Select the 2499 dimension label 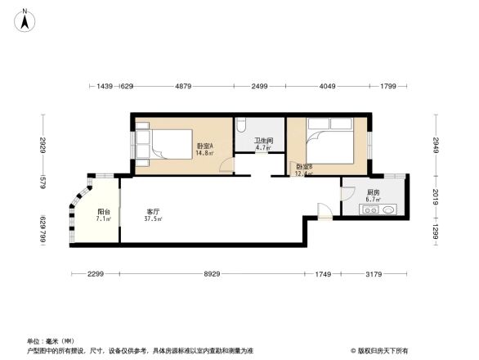click(259, 86)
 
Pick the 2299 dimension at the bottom click(96, 274)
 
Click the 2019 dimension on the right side click(436, 196)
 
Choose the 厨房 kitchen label click(372, 192)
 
